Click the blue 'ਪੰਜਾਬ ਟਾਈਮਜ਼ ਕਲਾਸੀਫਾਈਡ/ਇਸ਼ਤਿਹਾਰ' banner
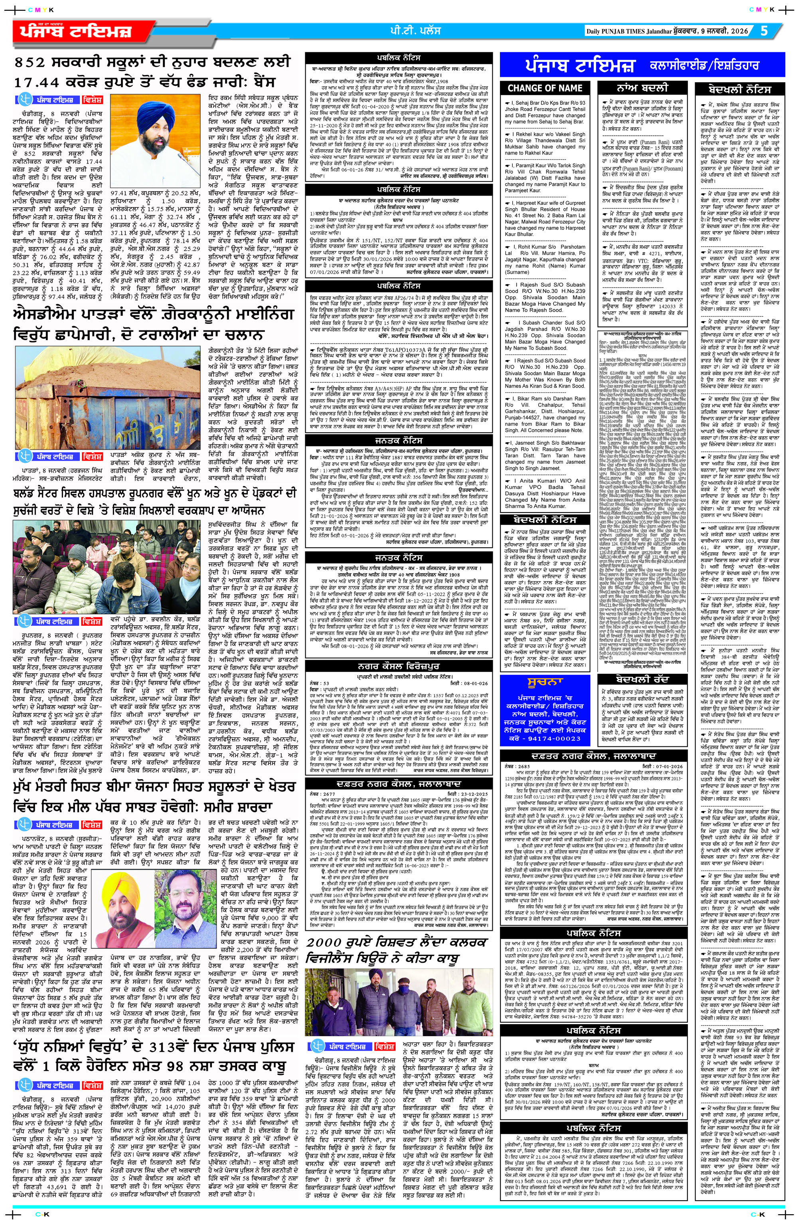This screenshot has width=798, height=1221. [x=643, y=66]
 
